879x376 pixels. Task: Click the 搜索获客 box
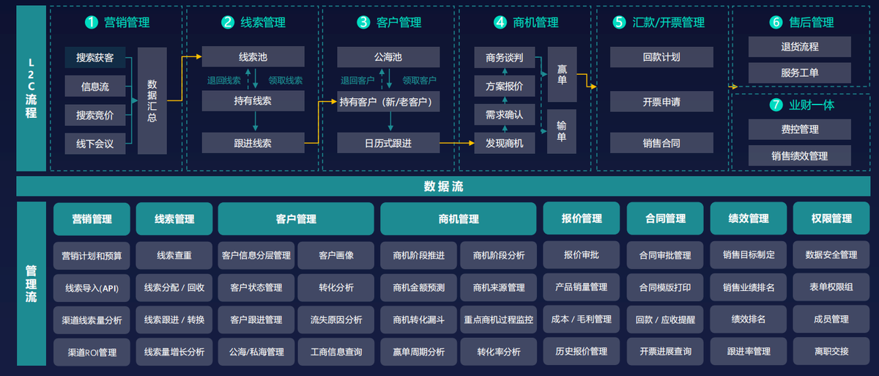[94, 56]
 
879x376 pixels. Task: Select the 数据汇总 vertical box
[152, 100]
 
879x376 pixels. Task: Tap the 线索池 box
[253, 56]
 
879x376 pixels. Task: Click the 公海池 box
[388, 56]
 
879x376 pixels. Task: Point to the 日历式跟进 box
[388, 143]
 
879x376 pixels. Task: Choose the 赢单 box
[562, 74]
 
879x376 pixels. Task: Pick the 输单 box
[562, 131]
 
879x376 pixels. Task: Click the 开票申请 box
[661, 101]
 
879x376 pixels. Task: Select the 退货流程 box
[799, 47]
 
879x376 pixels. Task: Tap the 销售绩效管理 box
[799, 155]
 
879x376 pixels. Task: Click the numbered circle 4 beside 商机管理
[500, 23]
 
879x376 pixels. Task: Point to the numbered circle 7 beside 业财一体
[776, 105]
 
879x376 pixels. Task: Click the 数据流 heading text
[443, 187]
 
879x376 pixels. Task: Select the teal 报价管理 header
[582, 218]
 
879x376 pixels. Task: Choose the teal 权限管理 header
[831, 218]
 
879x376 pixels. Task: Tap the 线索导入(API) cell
[92, 288]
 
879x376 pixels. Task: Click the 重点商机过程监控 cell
[499, 320]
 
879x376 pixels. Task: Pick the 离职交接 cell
[831, 351]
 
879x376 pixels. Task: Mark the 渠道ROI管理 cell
[92, 352]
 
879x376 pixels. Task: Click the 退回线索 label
[223, 81]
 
